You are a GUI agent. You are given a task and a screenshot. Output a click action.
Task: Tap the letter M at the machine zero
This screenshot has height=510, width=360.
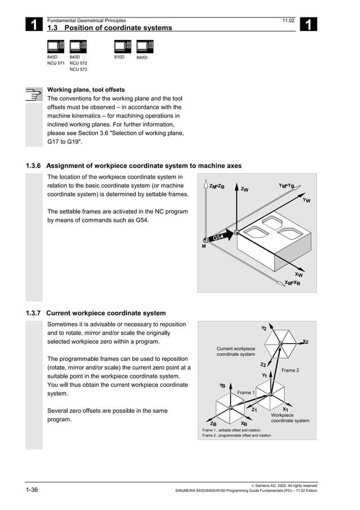[204, 246]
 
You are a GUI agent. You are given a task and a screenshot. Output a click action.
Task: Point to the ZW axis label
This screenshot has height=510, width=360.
[244, 189]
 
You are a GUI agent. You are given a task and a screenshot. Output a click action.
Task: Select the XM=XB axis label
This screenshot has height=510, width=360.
[292, 283]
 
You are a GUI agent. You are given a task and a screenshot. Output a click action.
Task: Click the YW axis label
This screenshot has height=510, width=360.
[306, 200]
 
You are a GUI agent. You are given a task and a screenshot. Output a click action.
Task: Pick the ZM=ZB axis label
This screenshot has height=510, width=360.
[217, 186]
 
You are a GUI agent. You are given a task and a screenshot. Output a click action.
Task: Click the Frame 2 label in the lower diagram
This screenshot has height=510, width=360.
[290, 370]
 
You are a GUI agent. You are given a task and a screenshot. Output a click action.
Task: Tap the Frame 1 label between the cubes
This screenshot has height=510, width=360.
[246, 393]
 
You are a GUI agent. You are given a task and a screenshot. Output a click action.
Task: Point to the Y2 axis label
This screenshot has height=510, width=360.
[264, 328]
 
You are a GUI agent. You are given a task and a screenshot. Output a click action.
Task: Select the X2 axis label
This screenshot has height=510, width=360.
[305, 342]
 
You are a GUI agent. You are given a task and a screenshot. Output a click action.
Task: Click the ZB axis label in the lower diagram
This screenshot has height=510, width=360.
[213, 424]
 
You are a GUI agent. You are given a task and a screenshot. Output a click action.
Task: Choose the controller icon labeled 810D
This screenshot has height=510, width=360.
[122, 46]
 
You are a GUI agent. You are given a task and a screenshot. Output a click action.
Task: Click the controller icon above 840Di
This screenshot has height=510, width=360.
[145, 46]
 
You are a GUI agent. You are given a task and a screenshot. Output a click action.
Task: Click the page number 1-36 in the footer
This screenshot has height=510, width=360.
[31, 489]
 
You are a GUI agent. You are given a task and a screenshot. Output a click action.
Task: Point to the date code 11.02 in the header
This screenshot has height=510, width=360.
[288, 20]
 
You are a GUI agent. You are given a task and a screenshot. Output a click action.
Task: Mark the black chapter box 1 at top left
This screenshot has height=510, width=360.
[34, 24]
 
